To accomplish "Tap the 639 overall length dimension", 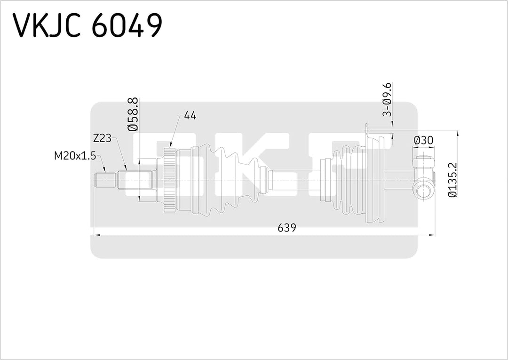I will point(286,228).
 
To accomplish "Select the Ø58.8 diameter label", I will point(133,114).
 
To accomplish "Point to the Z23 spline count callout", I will point(102,138).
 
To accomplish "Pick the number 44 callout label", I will point(190,115).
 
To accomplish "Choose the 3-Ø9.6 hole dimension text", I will point(387,99).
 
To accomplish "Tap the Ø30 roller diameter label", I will point(423,140).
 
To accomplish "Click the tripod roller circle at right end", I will point(423,191).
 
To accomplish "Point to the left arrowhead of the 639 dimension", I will point(96,234).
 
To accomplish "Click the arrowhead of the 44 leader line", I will point(170,147).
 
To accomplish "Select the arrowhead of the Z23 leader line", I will point(126,168).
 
